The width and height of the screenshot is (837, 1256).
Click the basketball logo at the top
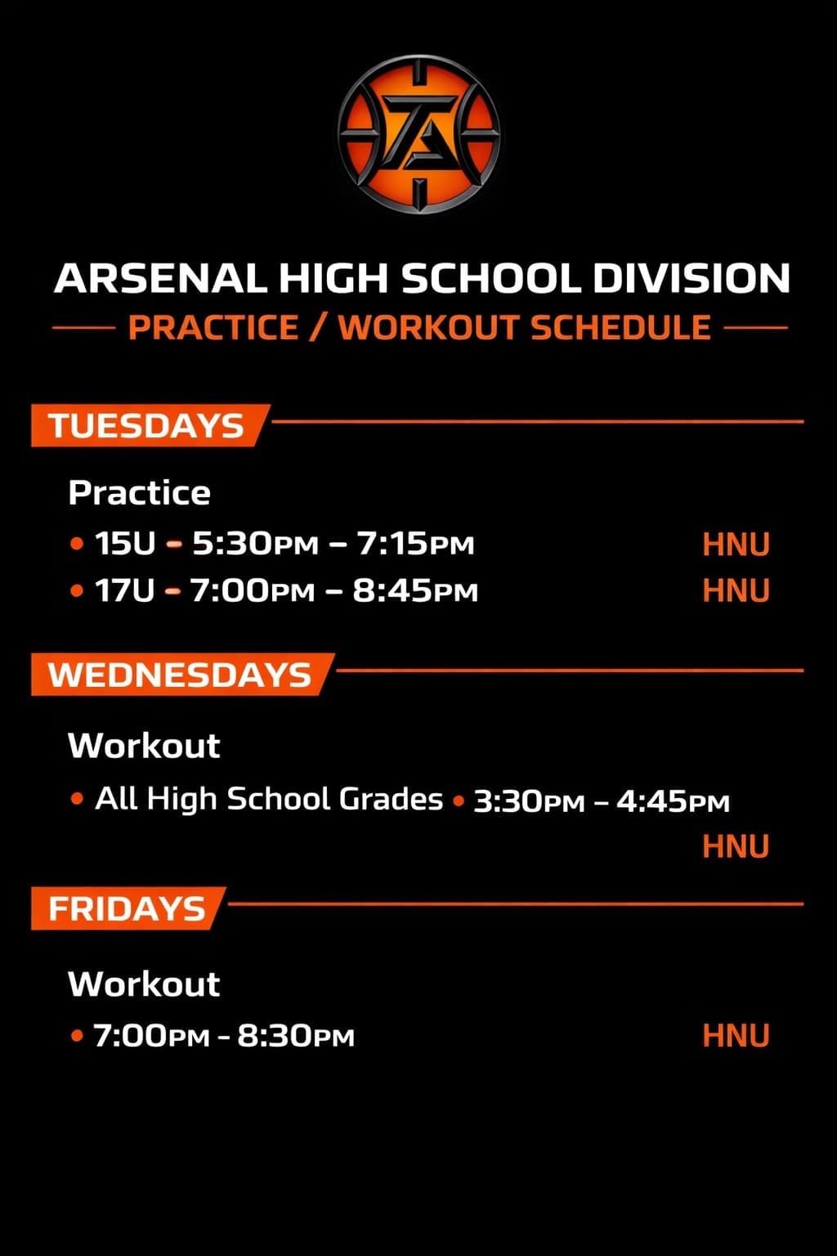[x=418, y=135]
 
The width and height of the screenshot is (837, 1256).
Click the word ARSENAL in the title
[x=160, y=278]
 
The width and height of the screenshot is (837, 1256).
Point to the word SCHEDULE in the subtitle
[x=621, y=327]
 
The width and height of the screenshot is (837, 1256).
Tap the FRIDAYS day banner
[x=127, y=908]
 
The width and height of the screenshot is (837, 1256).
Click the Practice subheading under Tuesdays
[x=140, y=492]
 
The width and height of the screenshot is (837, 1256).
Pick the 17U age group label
[x=124, y=590]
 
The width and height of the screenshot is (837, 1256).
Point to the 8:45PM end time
[x=415, y=590]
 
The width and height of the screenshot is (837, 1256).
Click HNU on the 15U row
[x=736, y=545]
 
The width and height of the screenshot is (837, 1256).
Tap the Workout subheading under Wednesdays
[x=144, y=745]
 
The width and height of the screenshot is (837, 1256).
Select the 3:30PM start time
[x=529, y=801]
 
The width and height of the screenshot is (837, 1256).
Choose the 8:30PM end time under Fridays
[x=296, y=1036]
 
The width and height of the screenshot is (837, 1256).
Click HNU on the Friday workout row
[x=736, y=1036]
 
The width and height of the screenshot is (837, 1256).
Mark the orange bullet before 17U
[x=78, y=591]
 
